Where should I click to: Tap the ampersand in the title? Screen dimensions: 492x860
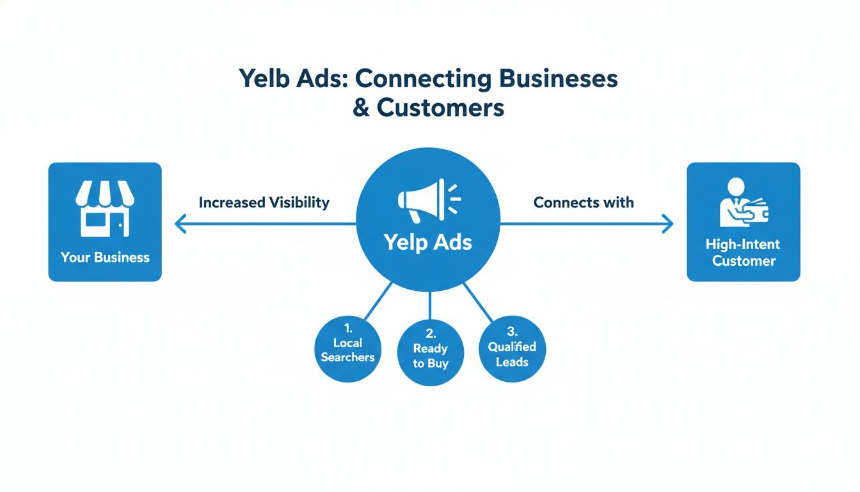coord(362,108)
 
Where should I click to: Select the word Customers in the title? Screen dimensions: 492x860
coord(440,108)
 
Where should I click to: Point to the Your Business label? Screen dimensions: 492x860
coord(105,258)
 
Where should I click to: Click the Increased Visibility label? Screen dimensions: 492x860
coord(264,202)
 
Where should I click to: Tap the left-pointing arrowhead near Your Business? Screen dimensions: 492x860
coord(179,224)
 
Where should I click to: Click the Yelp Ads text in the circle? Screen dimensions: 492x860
coord(428,242)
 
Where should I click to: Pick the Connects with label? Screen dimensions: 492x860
coord(584,202)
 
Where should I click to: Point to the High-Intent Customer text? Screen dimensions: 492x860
coord(743,252)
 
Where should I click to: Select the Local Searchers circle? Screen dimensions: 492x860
coord(347,350)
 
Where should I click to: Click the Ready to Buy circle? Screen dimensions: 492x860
coord(430,352)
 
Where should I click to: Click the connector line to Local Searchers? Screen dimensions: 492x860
coord(378,300)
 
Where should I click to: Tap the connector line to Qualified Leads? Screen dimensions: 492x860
coord(479,301)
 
